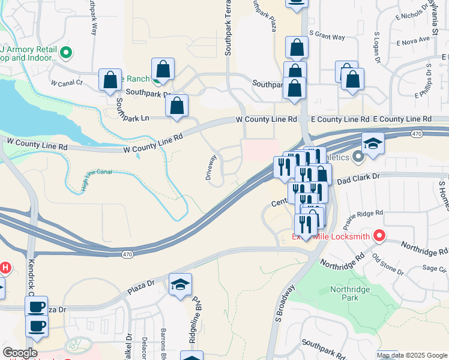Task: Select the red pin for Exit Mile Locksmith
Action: pyautogui.click(x=379, y=236)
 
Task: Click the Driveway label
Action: pyautogui.click(x=211, y=168)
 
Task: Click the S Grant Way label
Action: pyautogui.click(x=327, y=37)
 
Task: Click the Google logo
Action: pyautogui.click(x=20, y=353)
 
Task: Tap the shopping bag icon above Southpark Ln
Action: pyautogui.click(x=177, y=106)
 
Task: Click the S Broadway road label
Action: pyautogui.click(x=286, y=305)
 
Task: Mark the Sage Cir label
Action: pyautogui.click(x=432, y=268)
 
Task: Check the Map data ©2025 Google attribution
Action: pyautogui.click(x=412, y=355)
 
